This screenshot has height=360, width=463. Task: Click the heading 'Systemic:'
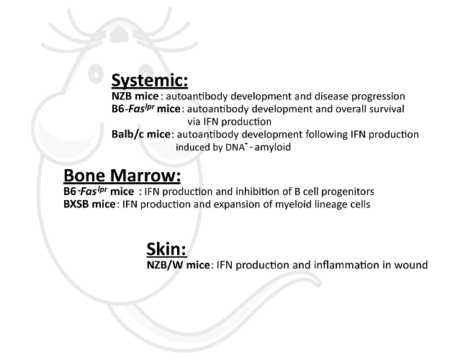coord(150,81)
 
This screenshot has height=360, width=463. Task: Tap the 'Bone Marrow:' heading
coord(122,176)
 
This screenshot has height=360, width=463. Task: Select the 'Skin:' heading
coord(166,249)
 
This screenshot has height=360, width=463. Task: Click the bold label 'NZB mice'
coord(135,96)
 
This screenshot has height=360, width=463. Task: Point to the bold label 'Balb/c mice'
coord(141,135)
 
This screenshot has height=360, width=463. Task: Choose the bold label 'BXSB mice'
coord(89,204)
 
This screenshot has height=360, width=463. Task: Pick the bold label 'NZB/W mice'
coord(179,265)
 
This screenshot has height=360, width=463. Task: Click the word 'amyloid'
coord(273,147)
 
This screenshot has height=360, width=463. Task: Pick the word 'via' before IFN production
coord(194,122)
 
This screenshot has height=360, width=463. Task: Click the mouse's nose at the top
coord(120,36)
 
